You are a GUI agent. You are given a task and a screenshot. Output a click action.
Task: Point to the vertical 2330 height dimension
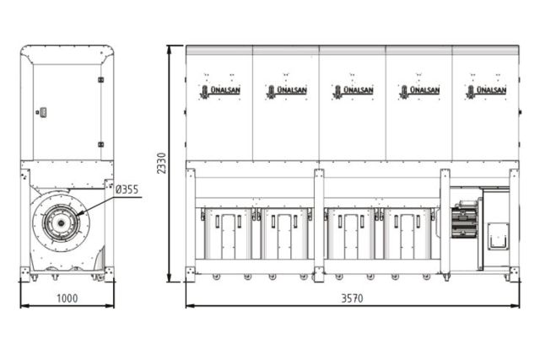[x=160, y=164]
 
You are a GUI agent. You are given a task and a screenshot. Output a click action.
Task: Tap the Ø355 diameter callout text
[x=127, y=190]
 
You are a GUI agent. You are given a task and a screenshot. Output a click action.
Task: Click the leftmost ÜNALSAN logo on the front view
[x=219, y=90]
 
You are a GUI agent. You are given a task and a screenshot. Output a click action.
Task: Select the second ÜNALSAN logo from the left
[x=286, y=90]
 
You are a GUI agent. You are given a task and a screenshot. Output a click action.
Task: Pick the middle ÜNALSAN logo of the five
[x=353, y=90]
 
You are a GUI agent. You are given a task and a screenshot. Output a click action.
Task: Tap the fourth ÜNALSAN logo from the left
[x=419, y=90]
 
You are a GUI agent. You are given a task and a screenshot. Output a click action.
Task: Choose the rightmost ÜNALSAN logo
[x=486, y=90]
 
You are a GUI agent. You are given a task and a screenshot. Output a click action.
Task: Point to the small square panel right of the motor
[x=498, y=235]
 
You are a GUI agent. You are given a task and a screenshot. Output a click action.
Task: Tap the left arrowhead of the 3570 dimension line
[x=189, y=305]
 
